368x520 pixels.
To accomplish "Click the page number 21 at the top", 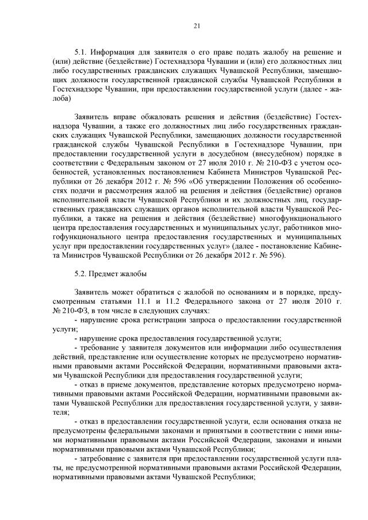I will tap(196, 25).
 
